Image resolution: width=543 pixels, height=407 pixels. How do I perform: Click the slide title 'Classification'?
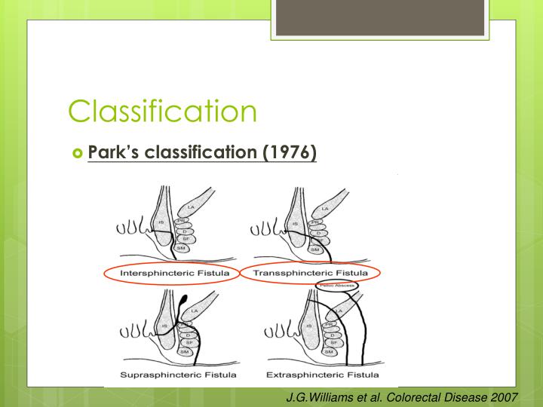pos(162,111)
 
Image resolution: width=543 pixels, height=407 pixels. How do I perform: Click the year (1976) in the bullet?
pos(289,152)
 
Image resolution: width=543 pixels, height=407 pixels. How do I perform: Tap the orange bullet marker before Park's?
pos(76,153)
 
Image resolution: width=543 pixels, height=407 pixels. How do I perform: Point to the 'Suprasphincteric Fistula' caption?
pos(178,374)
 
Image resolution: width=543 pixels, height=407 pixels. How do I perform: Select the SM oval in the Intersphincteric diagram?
pos(181,248)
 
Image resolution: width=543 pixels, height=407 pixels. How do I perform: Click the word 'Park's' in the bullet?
pos(115,152)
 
